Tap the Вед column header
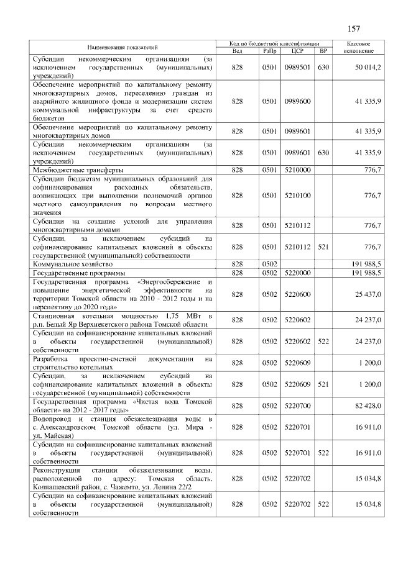point(237,51)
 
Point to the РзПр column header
point(269,51)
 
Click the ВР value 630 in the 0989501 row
point(322,66)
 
